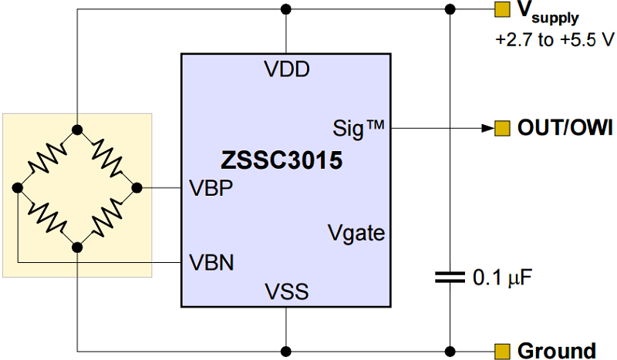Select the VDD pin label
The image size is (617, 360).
click(x=286, y=69)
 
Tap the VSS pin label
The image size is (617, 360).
click(x=286, y=291)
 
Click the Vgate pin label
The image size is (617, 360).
click(x=356, y=232)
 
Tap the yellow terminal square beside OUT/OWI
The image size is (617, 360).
click(x=502, y=127)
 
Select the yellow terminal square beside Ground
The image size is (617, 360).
click(x=502, y=351)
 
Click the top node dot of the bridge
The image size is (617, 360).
click(x=77, y=128)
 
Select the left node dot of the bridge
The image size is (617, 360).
click(x=17, y=187)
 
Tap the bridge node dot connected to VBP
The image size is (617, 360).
click(x=137, y=187)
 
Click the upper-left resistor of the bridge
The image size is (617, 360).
click(x=47, y=158)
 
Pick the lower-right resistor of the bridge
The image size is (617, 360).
click(x=107, y=217)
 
